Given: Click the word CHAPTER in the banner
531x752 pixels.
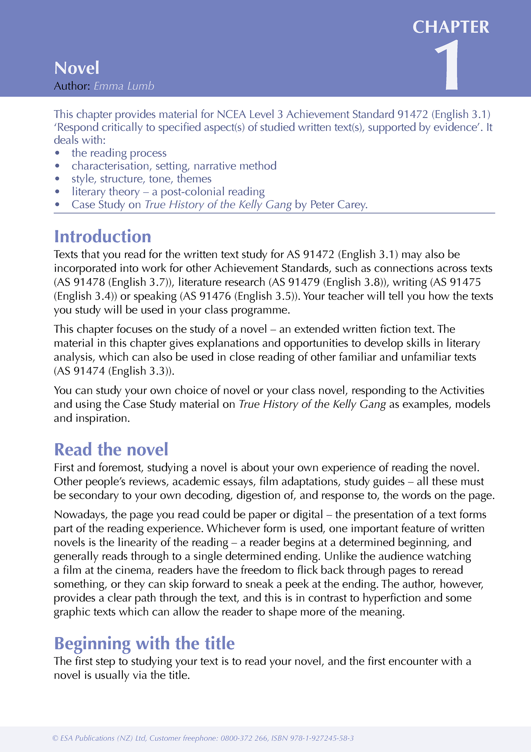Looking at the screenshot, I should tap(451, 27).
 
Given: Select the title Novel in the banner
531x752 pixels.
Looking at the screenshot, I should tap(77, 68).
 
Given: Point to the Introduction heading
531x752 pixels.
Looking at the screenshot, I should tap(102, 237).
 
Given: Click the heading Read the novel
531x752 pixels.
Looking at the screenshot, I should tap(111, 449).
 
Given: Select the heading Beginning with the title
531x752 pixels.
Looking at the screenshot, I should tap(144, 643).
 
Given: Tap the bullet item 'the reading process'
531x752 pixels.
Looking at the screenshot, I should tap(119, 153).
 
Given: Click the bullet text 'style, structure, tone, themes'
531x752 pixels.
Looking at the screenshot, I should tap(141, 179).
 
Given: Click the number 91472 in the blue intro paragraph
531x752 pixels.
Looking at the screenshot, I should tap(413, 114).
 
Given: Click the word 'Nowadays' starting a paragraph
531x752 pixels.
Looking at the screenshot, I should tap(80, 515).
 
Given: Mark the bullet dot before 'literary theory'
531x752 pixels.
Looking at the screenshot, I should tap(57, 192).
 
